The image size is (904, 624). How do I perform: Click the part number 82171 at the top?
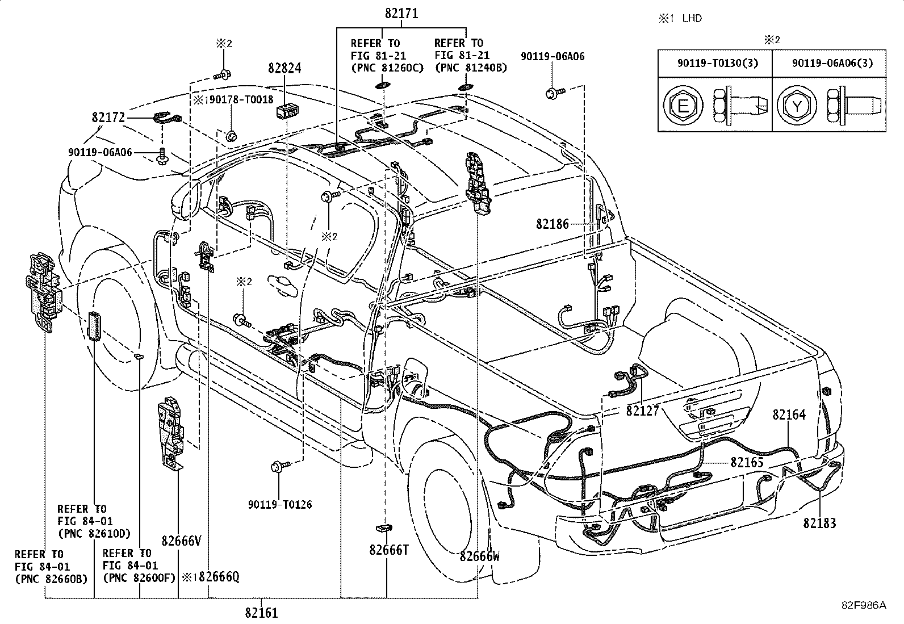(x=401, y=14)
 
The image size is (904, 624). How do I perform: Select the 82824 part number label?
(x=284, y=68)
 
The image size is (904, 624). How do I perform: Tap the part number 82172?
(x=108, y=118)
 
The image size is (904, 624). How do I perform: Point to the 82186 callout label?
(x=553, y=224)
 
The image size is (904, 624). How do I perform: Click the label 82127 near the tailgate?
(x=642, y=411)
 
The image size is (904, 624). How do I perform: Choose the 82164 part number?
(x=789, y=414)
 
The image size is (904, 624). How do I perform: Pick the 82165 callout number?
(x=747, y=462)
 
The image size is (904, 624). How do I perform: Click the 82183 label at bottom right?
(x=819, y=523)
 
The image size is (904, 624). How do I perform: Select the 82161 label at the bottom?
(x=262, y=613)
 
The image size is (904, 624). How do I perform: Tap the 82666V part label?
(x=181, y=541)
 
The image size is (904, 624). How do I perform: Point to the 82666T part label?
(x=389, y=550)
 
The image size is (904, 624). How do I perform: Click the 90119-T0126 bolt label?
(x=280, y=505)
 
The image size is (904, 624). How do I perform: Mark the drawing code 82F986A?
(x=864, y=605)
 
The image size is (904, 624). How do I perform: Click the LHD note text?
(x=692, y=19)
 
